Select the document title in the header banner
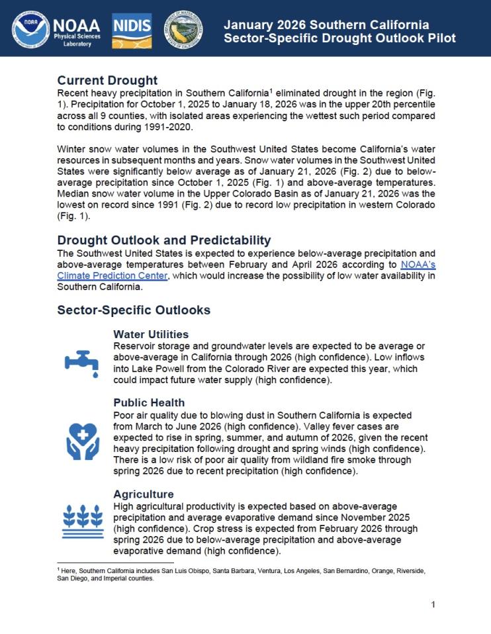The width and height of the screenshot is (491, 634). pyautogui.click(x=339, y=31)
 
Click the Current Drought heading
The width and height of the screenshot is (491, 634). pyautogui.click(x=107, y=81)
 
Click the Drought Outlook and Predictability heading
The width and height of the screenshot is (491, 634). pyautogui.click(x=163, y=240)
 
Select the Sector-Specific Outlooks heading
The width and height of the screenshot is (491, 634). pyautogui.click(x=134, y=310)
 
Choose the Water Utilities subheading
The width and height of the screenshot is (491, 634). pyautogui.click(x=151, y=334)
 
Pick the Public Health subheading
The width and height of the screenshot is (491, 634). pyautogui.click(x=149, y=402)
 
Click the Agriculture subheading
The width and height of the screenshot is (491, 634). pyautogui.click(x=144, y=494)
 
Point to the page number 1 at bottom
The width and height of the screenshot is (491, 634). pyautogui.click(x=433, y=604)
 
